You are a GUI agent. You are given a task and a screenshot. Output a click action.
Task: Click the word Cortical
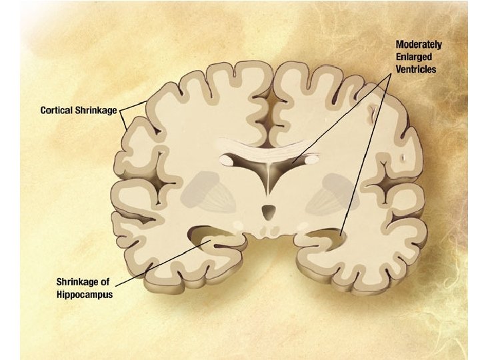click(59, 109)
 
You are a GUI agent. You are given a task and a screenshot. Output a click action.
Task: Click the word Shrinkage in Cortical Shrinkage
click(99, 109)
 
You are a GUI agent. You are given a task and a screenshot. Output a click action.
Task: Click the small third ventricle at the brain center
click(268, 213)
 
